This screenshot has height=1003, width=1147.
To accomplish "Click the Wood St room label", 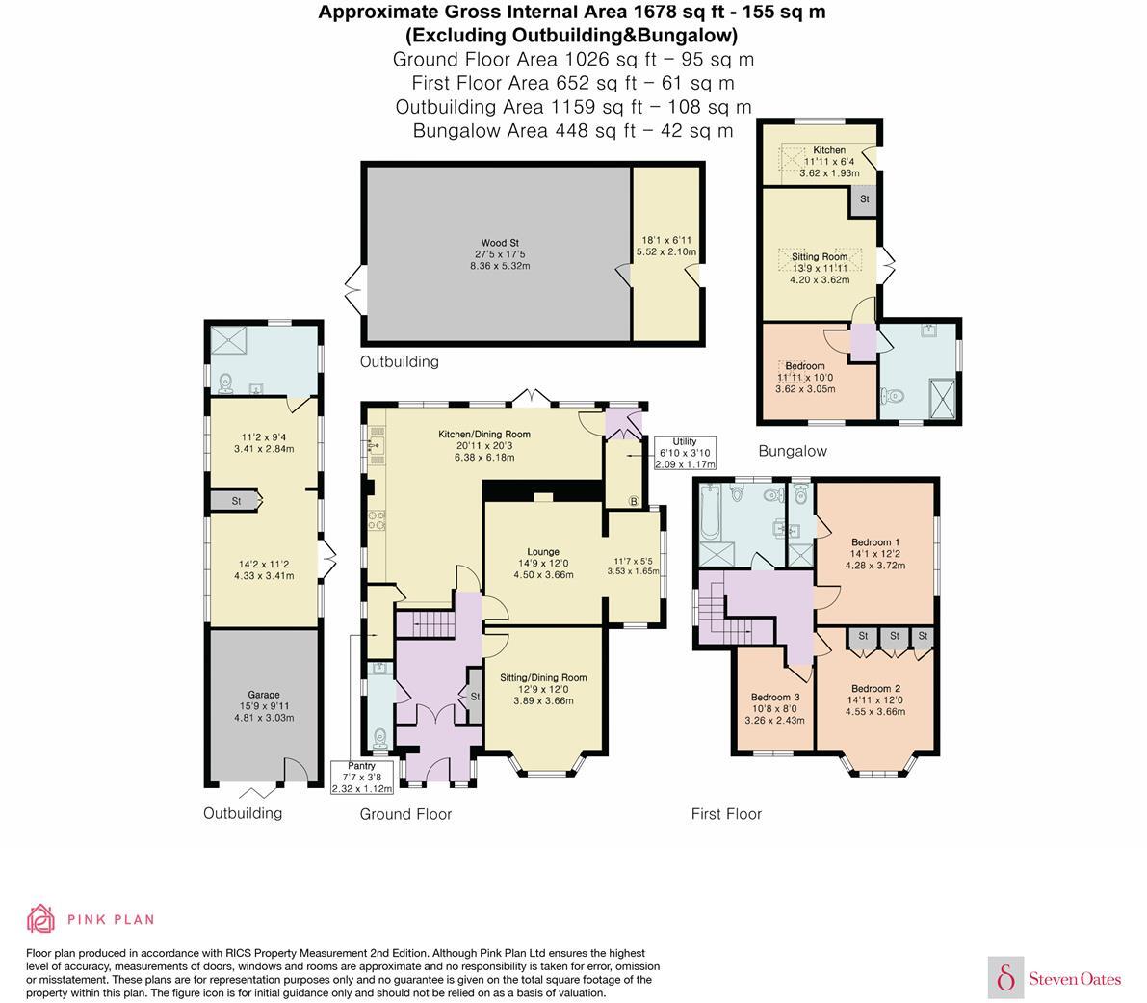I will (x=493, y=243).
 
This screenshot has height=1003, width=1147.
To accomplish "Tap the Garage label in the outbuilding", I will (x=264, y=695).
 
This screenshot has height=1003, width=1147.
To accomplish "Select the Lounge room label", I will (x=542, y=552).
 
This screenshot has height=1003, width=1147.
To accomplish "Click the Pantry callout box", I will (x=363, y=777).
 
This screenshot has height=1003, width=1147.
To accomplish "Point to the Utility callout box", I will (x=685, y=453).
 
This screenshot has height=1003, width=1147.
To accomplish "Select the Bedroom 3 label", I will (x=775, y=698).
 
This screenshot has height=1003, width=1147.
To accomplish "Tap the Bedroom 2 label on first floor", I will (x=874, y=689).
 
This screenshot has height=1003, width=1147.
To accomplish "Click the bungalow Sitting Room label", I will (x=820, y=257).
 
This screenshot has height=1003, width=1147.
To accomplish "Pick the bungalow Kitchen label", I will (x=829, y=150).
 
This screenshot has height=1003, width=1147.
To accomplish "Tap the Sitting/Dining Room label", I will (x=543, y=678).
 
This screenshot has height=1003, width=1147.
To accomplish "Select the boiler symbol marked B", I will (x=633, y=500).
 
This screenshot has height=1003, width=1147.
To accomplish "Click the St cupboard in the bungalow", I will (x=864, y=199).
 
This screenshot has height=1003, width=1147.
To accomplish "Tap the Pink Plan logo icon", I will (x=40, y=919).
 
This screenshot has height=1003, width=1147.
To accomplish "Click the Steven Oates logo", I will (x=1056, y=978).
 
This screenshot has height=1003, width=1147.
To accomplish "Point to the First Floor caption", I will (x=726, y=814).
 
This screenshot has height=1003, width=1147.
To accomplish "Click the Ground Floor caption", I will (x=405, y=814).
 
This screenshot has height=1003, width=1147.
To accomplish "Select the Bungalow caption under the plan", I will (x=792, y=451).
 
